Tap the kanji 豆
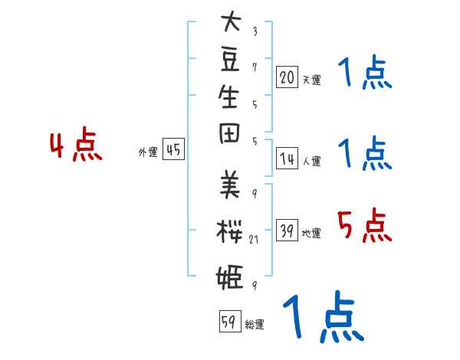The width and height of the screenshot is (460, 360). tap(229, 58)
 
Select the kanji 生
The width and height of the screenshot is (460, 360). tap(229, 97)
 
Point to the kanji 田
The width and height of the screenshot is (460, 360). tap(229, 135)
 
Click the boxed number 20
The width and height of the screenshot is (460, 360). tap(287, 77)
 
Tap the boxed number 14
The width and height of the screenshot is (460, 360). tap(287, 159)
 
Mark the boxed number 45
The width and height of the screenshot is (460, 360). tap(173, 150)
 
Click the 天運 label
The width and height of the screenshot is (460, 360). tap(311, 80)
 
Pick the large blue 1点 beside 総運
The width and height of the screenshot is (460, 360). tap(322, 317)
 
